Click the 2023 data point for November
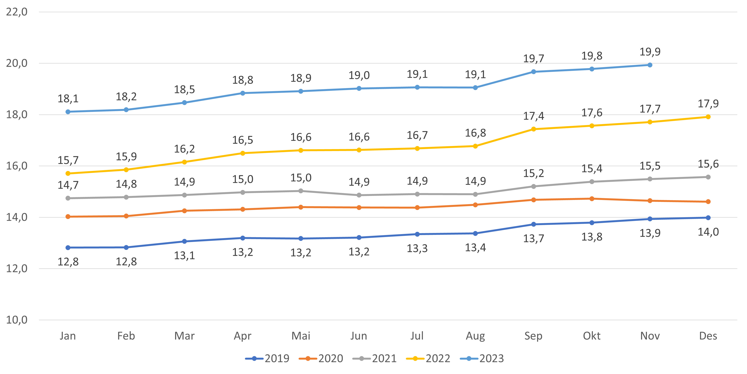click(x=650, y=65)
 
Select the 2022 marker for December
click(x=708, y=117)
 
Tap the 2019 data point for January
click(x=68, y=248)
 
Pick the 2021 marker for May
click(x=301, y=191)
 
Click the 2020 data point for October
click(x=592, y=199)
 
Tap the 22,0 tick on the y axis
click(x=17, y=12)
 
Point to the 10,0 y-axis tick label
click(x=17, y=320)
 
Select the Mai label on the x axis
click(x=301, y=336)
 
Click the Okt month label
click(x=592, y=336)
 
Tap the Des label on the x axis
click(x=708, y=336)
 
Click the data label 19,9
click(x=650, y=52)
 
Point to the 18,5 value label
click(x=184, y=89)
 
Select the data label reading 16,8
click(x=475, y=133)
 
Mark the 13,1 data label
click(x=184, y=256)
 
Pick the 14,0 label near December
click(x=708, y=232)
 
